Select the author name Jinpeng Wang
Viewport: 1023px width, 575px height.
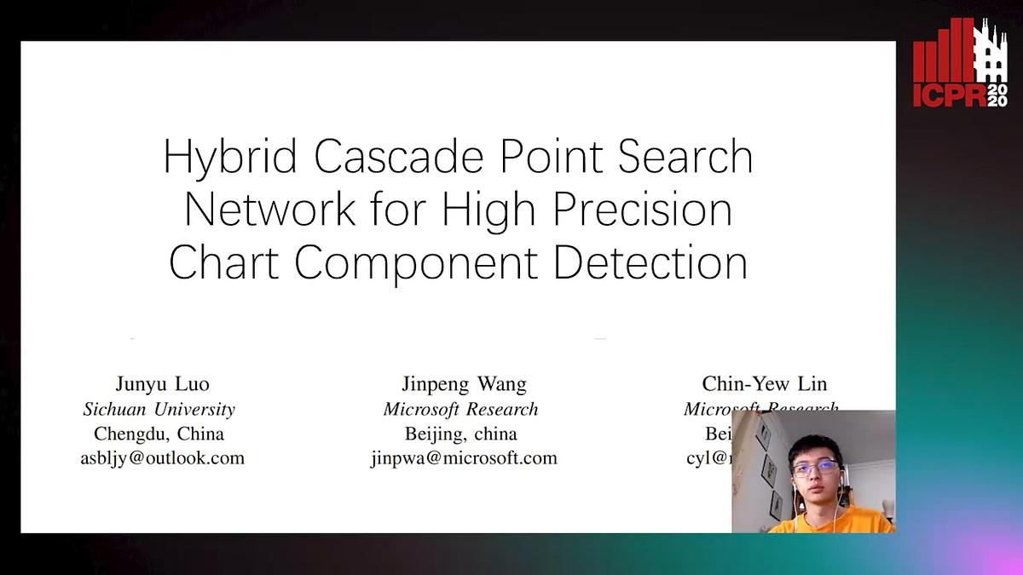(x=464, y=384)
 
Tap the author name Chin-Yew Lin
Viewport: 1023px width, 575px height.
(x=764, y=384)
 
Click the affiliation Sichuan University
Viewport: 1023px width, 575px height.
(x=159, y=409)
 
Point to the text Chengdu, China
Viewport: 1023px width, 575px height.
(x=159, y=434)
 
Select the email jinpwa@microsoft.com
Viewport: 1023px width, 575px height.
(x=464, y=458)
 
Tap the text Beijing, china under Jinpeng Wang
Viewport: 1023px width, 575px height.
(x=461, y=434)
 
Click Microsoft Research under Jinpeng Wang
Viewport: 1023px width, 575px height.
(x=461, y=409)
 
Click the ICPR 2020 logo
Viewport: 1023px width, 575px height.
(x=960, y=64)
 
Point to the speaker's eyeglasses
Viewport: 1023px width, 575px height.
(x=814, y=468)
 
